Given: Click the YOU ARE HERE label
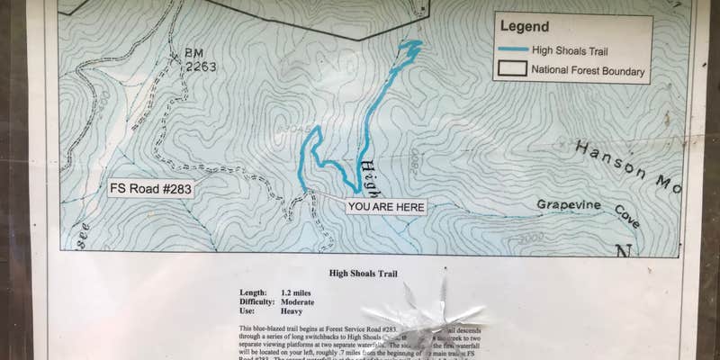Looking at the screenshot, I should [x=386, y=207].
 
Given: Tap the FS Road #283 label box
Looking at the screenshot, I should [x=150, y=189].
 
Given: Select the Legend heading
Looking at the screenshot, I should [x=524, y=28].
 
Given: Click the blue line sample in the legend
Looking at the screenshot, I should [x=513, y=49].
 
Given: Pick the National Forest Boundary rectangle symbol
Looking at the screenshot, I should [x=513, y=69].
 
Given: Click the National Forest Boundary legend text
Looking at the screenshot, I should [x=589, y=70].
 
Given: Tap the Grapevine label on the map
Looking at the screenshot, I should [x=569, y=204].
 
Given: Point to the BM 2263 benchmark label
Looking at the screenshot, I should [x=200, y=59].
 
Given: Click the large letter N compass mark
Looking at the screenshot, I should [x=624, y=253].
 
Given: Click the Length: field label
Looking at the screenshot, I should [x=254, y=292].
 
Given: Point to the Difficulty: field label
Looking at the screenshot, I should [x=259, y=302].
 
